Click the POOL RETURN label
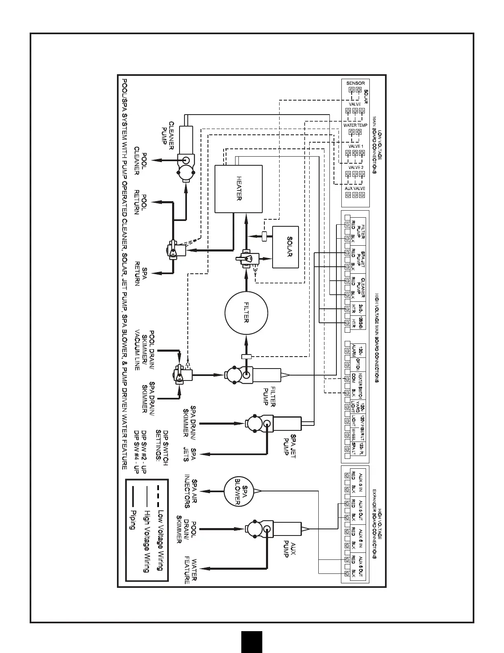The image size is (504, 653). click(140, 202)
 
